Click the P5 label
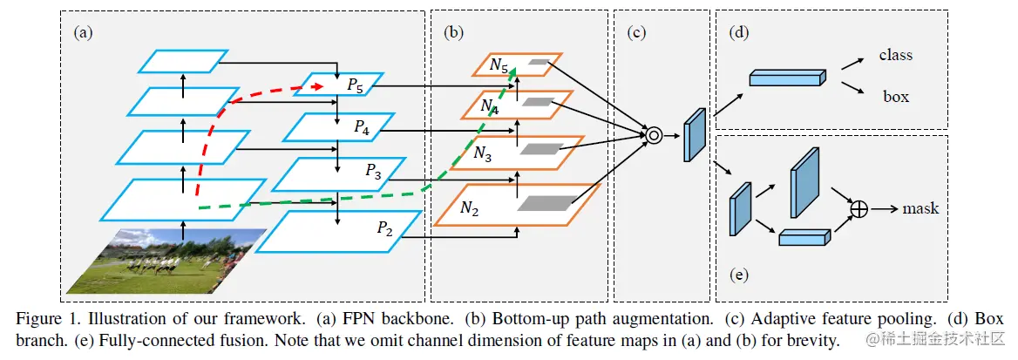(x=354, y=85)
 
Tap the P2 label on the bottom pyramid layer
(x=384, y=228)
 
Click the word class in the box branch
(x=895, y=55)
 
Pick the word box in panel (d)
(x=895, y=96)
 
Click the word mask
(x=920, y=208)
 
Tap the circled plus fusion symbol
(x=859, y=209)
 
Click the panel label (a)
(x=83, y=33)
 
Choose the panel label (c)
(x=636, y=33)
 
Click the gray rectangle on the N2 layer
(x=544, y=203)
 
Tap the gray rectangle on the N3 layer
(x=537, y=149)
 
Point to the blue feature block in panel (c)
(x=695, y=136)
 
